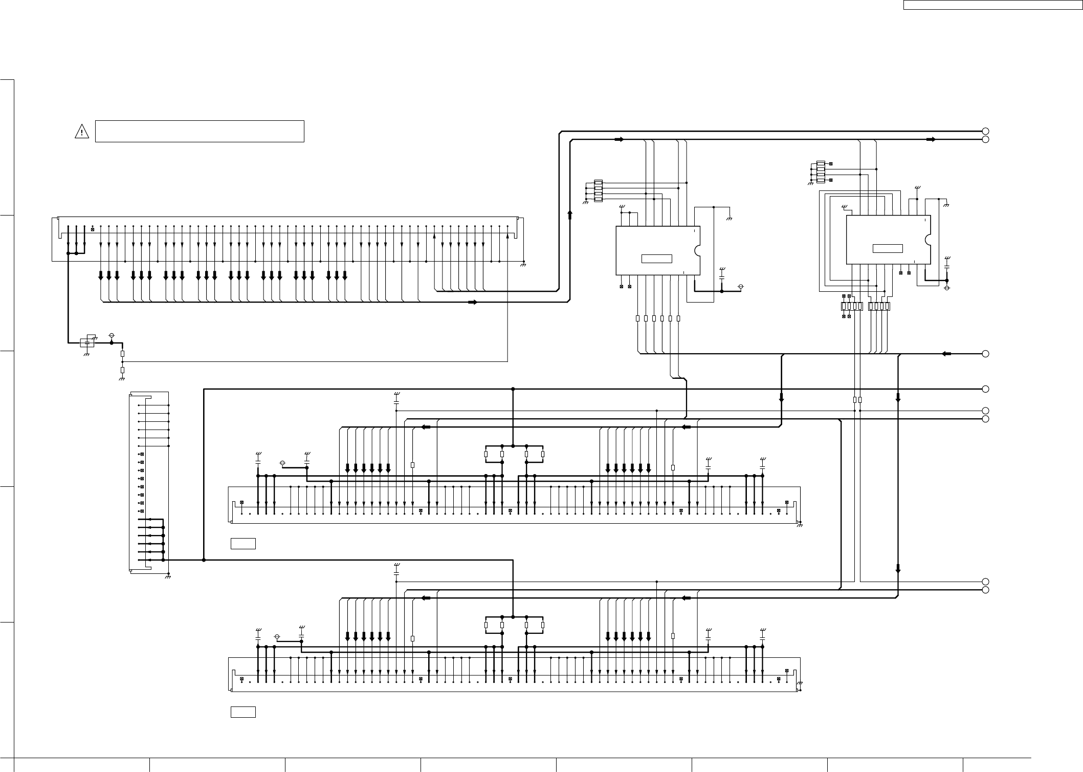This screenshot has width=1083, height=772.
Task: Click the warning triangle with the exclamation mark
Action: (x=81, y=132)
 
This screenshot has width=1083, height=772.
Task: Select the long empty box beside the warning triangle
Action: (x=200, y=131)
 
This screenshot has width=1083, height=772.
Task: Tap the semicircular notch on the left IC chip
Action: (x=697, y=250)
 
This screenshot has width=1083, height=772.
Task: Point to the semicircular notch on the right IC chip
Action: (x=927, y=240)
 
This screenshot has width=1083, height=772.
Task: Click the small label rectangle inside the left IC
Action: (x=656, y=259)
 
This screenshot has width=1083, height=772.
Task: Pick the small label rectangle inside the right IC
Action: (x=887, y=249)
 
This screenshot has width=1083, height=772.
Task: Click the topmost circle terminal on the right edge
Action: (x=985, y=131)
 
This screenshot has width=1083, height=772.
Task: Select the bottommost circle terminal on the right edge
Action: (x=985, y=590)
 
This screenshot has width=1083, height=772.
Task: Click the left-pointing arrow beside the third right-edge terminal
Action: (x=946, y=354)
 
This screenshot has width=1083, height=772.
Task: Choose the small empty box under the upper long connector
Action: (x=242, y=543)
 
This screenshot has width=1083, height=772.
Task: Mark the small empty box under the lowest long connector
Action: (x=242, y=712)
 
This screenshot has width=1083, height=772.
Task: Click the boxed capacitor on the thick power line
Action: (x=87, y=342)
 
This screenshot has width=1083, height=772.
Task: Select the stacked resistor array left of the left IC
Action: (x=598, y=190)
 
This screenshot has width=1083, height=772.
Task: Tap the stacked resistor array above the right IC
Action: (x=821, y=171)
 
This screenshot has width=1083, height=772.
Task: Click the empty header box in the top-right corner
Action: (x=992, y=5)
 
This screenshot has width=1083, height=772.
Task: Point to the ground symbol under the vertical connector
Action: (x=168, y=577)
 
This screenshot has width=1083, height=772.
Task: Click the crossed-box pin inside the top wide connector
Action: (x=92, y=228)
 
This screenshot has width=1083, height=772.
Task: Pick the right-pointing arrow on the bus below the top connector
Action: (x=472, y=302)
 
